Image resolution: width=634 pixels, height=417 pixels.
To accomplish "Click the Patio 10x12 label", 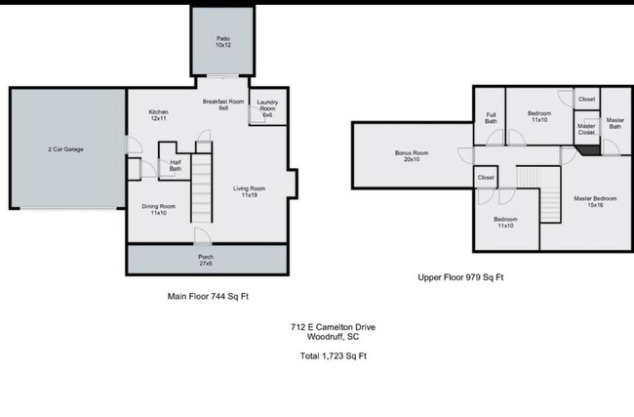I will (223, 43).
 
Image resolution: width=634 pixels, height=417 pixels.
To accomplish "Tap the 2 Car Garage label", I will (65, 150).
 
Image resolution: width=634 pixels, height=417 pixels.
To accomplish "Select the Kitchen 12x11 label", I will (159, 115).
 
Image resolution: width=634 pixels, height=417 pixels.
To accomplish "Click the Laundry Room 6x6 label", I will (266, 111).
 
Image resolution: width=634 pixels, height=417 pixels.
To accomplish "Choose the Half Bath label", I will (175, 166).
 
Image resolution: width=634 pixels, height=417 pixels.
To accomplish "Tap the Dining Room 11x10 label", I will (158, 209).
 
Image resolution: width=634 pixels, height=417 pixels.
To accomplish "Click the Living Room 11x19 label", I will (249, 191).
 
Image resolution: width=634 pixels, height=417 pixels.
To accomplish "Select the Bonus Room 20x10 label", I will (412, 156).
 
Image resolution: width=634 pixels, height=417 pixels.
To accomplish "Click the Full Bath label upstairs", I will (491, 118).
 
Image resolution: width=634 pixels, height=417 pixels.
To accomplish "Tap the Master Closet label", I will (586, 128).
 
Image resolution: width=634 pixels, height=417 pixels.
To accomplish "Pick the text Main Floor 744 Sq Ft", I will (214, 295).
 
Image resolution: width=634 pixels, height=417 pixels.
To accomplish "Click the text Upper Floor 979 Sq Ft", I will (460, 277).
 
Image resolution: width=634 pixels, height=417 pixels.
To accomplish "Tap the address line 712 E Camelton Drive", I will (333, 327).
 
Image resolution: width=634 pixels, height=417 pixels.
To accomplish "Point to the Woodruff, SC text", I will (333, 337).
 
